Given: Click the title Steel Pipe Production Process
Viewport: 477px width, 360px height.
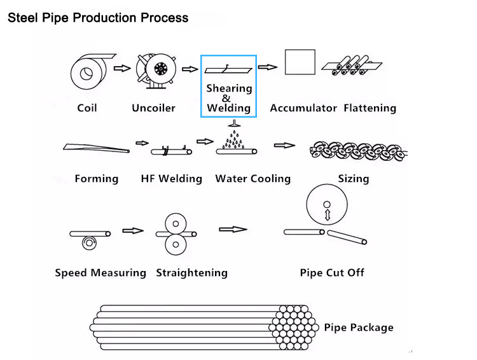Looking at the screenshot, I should [x=97, y=17].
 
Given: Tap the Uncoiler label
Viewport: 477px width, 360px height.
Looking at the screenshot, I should [x=153, y=108].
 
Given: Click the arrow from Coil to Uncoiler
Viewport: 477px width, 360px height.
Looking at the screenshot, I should [x=121, y=67].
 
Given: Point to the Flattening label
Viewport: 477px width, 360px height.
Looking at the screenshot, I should [x=370, y=108].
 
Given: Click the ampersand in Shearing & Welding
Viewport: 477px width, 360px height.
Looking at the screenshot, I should [x=226, y=99].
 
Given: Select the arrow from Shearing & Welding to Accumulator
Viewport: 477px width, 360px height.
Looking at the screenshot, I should [x=268, y=67].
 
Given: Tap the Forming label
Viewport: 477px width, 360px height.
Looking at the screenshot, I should [x=96, y=179].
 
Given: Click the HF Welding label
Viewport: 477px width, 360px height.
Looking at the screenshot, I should [x=171, y=179].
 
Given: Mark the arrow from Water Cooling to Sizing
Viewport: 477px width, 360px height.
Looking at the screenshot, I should [x=284, y=146].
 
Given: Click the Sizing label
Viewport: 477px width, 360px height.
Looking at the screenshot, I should [x=353, y=179].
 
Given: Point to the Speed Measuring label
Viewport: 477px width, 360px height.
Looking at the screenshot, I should [x=100, y=273].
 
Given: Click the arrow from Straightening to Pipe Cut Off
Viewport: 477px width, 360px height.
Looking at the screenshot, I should [x=232, y=229].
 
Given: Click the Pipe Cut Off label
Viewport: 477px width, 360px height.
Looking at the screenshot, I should [x=332, y=273].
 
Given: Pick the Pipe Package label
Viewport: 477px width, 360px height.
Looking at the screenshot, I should [x=359, y=328].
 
